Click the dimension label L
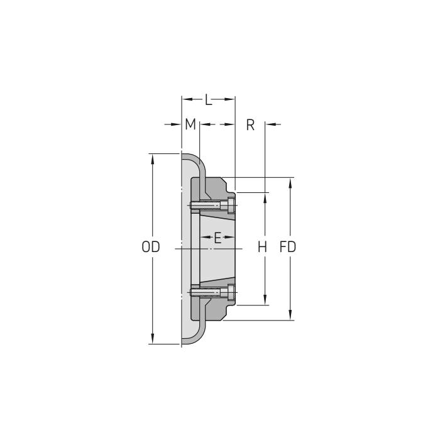click(x=209, y=99)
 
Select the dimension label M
click(x=190, y=124)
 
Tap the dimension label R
click(x=250, y=124)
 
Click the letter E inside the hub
click(x=217, y=238)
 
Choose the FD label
click(x=288, y=247)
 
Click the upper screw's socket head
click(x=232, y=205)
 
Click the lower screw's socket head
click(x=232, y=292)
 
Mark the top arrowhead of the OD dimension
click(x=152, y=158)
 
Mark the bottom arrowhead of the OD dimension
click(x=152, y=339)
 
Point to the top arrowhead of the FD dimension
click(x=290, y=183)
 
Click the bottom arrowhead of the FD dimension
click(x=290, y=316)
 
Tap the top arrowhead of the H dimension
click(x=265, y=197)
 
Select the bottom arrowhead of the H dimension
click(x=265, y=301)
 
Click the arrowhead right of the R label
click(x=270, y=124)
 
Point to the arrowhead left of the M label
click(x=177, y=124)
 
